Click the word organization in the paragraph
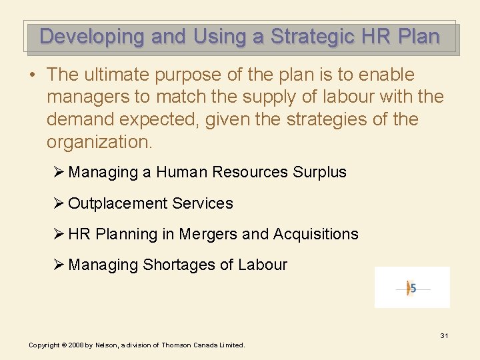click(98, 143)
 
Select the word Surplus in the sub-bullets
click(319, 172)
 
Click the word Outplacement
click(117, 203)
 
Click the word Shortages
click(179, 265)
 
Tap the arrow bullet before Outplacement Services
click(59, 203)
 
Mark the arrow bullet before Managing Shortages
click(59, 265)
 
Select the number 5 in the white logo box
click(413, 288)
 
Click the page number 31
click(444, 335)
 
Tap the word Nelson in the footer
click(106, 345)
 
